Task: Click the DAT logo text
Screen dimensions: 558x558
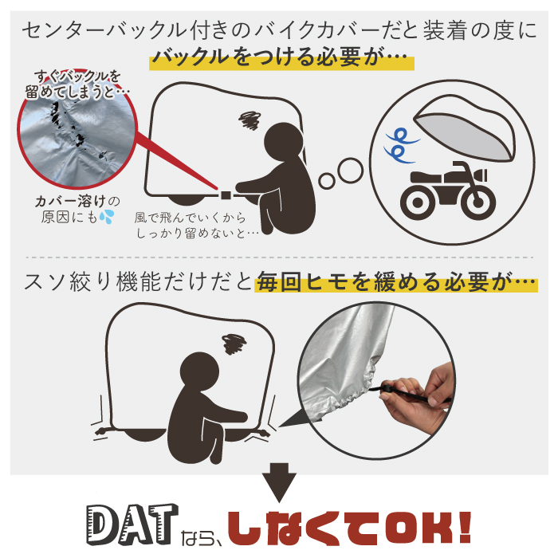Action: coord(132,524)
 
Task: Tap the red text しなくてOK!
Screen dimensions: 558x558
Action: coord(350,528)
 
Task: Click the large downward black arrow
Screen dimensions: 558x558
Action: coord(279,481)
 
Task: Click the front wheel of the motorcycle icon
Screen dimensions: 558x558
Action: coord(478,202)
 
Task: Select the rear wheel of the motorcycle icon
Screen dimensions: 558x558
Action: coord(418,202)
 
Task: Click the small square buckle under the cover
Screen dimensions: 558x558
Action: coord(226,195)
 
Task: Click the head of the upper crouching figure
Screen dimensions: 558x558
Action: coord(283,142)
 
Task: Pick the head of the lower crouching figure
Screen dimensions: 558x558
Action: coord(199,371)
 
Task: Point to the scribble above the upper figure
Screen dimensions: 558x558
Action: coord(250,120)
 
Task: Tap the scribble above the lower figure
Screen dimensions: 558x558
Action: coord(234,344)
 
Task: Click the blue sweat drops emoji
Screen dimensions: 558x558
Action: coord(106,216)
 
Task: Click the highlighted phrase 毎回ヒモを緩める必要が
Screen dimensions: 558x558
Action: coord(396,282)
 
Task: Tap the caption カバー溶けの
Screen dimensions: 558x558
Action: coord(77,202)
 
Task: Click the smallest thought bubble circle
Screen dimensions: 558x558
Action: coord(326,181)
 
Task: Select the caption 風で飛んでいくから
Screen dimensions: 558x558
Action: coord(190,218)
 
